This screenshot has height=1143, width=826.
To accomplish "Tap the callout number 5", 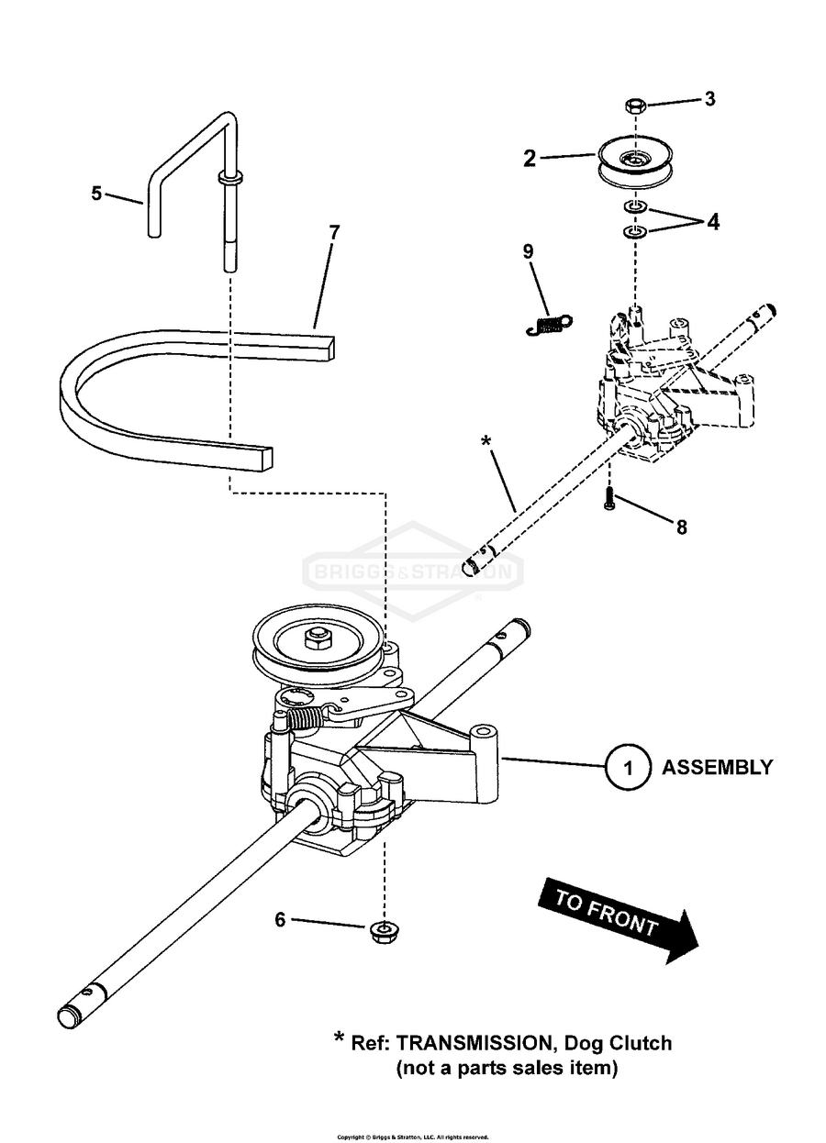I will click(96, 193).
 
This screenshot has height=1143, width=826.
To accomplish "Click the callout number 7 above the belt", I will click(334, 232).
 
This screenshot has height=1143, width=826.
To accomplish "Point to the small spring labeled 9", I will click(550, 323).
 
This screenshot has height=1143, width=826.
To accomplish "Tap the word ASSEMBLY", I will click(717, 768).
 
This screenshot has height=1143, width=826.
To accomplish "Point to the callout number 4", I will click(713, 222).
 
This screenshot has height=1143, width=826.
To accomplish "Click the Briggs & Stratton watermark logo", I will click(413, 573).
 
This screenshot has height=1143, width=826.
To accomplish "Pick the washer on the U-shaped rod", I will click(230, 176).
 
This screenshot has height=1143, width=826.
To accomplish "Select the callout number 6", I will click(281, 919).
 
